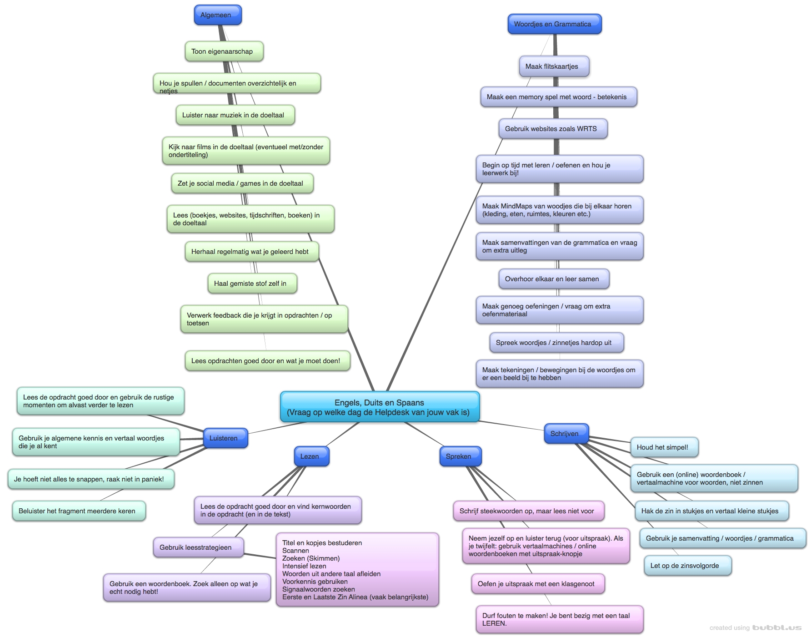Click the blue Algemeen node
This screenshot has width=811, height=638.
pos(217,15)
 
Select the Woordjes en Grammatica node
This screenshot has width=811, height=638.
pos(554,24)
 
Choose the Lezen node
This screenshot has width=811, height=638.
pos(311,456)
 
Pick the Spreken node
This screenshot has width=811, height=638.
pos(460,456)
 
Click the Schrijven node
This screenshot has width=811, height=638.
pos(566,434)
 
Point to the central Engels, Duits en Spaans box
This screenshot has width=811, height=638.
pos(380,407)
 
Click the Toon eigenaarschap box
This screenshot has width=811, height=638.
pos(224,51)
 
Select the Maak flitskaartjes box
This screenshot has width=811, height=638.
pos(554,66)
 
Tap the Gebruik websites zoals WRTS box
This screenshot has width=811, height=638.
pos(552,129)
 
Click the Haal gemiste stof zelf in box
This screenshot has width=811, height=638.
pos(252,284)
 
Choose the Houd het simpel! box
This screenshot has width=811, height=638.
pos(664,447)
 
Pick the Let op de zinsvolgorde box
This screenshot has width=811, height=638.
pos(687,566)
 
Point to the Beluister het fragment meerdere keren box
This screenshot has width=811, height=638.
pos(79,511)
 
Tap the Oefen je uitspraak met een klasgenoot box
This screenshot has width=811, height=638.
pos(537,584)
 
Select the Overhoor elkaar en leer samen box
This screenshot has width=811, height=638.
pos(553,279)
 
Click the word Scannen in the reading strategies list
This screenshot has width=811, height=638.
pos(295,551)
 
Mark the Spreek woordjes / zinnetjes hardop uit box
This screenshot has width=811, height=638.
pos(556,343)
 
